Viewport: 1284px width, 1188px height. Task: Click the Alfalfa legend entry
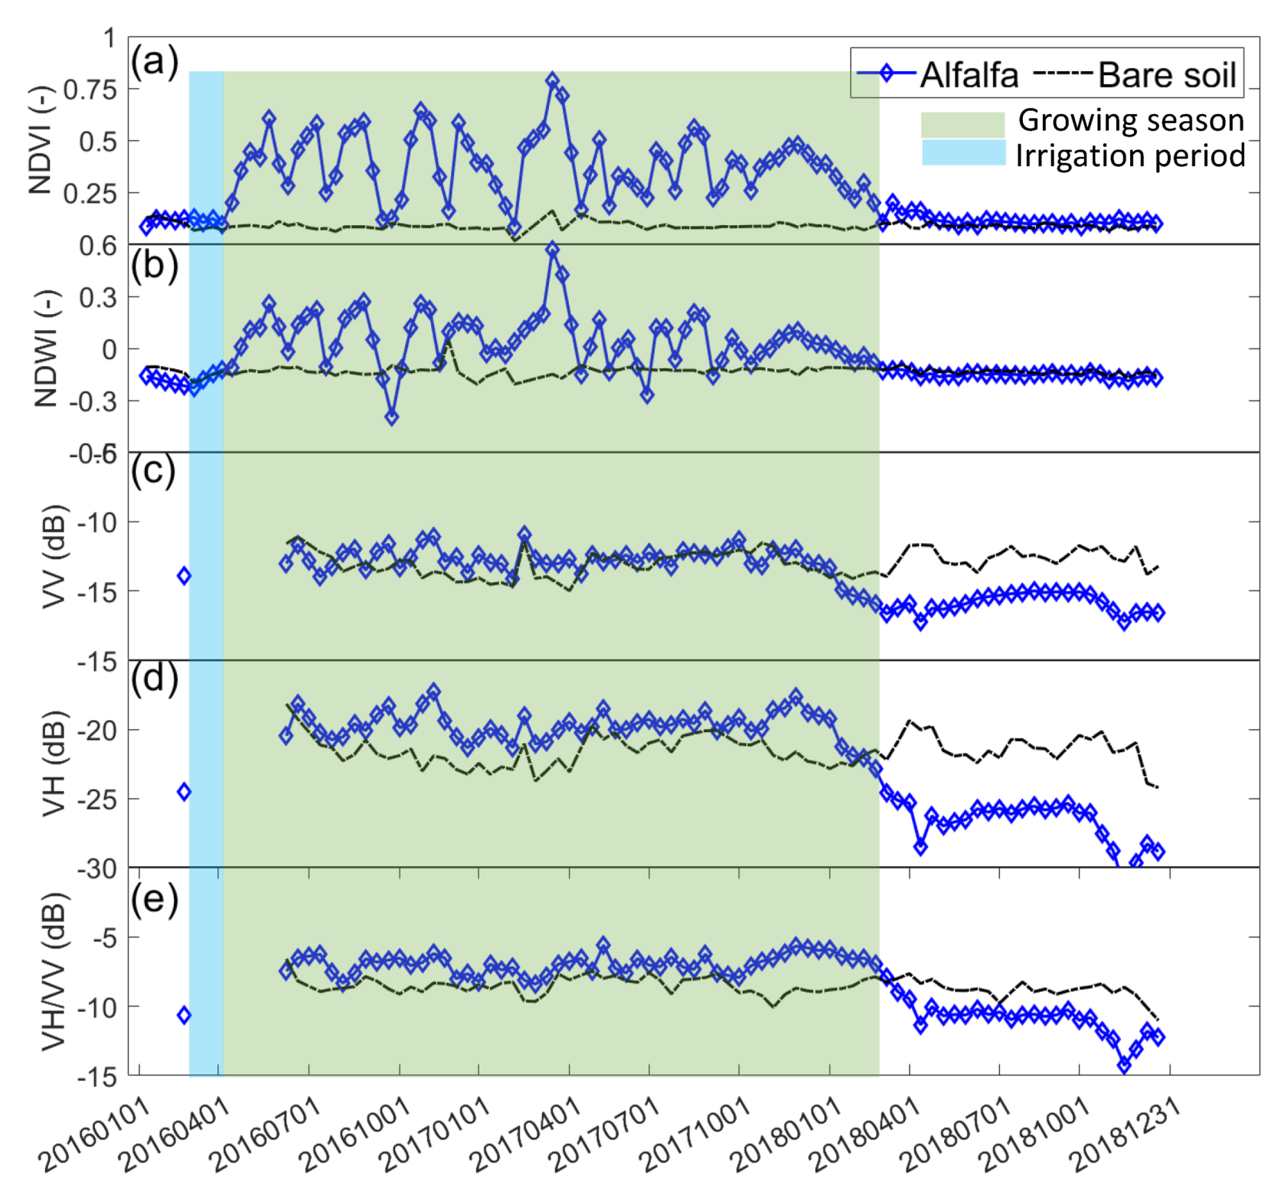938,75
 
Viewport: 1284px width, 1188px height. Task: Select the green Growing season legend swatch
962,124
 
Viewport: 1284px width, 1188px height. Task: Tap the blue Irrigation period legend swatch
962,153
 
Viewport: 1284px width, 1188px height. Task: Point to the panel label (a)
154,61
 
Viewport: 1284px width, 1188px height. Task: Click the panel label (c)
152,471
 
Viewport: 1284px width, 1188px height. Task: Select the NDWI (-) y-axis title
46,348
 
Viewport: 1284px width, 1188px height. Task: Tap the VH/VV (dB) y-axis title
52,971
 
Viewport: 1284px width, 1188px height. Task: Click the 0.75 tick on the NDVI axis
90,90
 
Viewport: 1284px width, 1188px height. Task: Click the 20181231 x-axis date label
1126,1134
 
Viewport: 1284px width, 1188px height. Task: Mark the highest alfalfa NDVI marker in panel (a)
552,81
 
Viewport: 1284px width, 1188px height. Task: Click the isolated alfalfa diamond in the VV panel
184,576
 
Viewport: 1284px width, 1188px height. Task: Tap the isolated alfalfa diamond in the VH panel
184,792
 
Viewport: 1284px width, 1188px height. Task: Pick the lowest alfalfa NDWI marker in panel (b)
391,417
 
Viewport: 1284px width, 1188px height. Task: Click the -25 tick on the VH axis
96,800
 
